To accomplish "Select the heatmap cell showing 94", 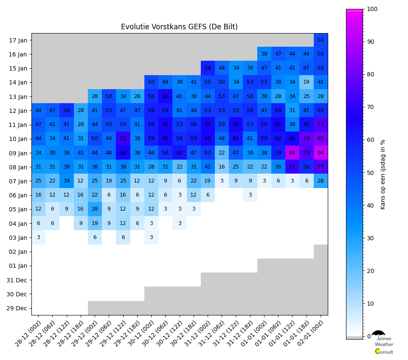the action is pyautogui.click(x=321, y=153).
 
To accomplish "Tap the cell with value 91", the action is pyautogui.click(x=292, y=153).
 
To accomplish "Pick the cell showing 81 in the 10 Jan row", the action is pyautogui.click(x=321, y=139).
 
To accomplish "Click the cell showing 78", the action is pyautogui.click(x=307, y=139).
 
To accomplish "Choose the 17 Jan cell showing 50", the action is pyautogui.click(x=321, y=40).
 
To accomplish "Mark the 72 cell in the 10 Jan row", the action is pyautogui.click(x=123, y=139).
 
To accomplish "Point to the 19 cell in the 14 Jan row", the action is pyautogui.click(x=307, y=82).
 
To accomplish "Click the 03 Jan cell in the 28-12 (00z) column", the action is pyautogui.click(x=39, y=237).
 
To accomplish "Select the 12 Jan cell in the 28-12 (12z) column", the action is pyautogui.click(x=67, y=110).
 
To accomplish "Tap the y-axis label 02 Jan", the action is pyautogui.click(x=18, y=252).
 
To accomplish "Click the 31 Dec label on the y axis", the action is pyautogui.click(x=17, y=280).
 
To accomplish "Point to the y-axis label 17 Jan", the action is pyautogui.click(x=18, y=41).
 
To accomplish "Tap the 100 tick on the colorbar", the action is pyautogui.click(x=372, y=9).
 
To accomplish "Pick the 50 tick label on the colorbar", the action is pyautogui.click(x=370, y=173).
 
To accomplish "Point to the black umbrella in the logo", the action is pyautogui.click(x=378, y=334).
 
